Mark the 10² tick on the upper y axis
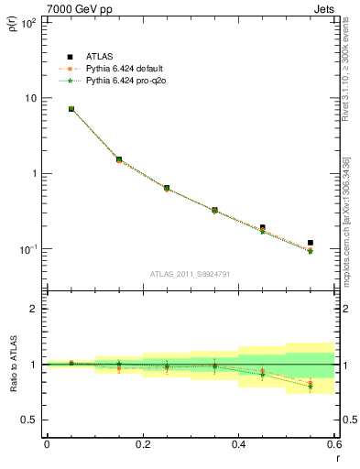[x=28, y=23]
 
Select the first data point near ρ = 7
[x=71, y=109]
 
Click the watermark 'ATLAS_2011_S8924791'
[x=190, y=273]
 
